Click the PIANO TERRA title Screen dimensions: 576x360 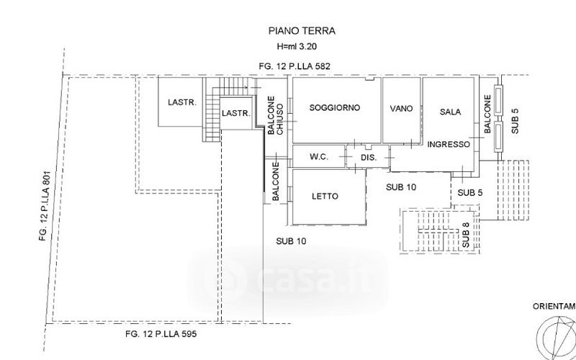(302, 31)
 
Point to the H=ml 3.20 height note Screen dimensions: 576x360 (297, 47)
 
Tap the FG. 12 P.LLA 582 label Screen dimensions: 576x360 (294, 66)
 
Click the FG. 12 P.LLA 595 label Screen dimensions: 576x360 (161, 334)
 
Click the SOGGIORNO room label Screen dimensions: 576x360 (335, 107)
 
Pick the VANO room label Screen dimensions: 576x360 (401, 109)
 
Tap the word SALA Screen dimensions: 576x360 (450, 112)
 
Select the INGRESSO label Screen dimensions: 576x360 (449, 145)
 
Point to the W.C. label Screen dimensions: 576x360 (319, 157)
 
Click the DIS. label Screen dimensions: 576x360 (369, 158)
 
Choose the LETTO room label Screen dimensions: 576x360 (325, 196)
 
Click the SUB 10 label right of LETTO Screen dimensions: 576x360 (401, 187)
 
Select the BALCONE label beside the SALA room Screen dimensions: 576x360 (487, 114)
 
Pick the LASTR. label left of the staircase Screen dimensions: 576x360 (182, 102)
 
